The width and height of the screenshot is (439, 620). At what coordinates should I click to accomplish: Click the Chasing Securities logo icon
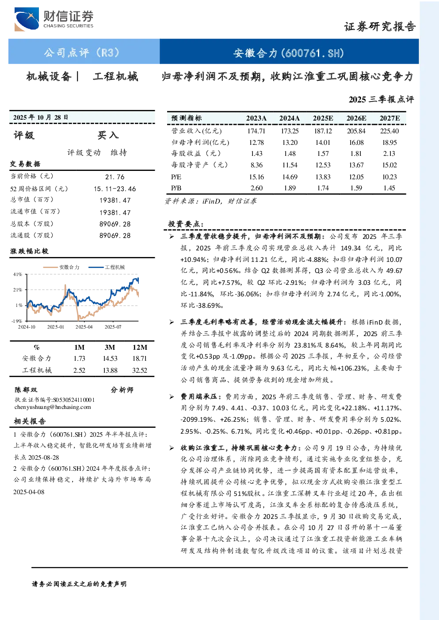27,19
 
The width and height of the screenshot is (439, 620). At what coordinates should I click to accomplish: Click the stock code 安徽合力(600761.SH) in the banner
289,53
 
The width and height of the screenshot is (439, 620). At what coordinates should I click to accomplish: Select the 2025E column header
323,118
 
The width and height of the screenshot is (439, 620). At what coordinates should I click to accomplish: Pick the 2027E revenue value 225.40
389,131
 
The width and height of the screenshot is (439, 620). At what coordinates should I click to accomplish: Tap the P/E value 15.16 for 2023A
256,177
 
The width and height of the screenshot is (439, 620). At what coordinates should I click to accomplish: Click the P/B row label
176,188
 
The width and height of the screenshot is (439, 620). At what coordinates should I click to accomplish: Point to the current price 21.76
115,177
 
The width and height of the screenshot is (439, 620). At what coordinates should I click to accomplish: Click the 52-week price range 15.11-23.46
115,189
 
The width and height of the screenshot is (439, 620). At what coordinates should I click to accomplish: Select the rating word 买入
108,135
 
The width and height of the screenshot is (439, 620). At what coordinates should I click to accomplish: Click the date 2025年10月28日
41,117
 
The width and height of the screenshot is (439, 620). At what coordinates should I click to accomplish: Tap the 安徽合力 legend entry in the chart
61,267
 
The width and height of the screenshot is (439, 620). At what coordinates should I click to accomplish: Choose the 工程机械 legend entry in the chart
107,267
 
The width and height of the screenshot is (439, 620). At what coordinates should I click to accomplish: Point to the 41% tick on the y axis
18,274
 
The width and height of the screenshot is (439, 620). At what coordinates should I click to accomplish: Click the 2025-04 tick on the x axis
84,327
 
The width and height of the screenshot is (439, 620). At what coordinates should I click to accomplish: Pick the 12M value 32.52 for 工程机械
139,370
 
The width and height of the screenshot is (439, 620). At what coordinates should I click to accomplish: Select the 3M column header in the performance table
110,348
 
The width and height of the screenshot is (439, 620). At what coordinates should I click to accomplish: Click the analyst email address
53,407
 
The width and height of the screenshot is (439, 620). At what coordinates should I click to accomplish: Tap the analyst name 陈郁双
26,390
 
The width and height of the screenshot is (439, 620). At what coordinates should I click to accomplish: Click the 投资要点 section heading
186,224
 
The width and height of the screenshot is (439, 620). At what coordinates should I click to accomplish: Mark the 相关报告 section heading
30,421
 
